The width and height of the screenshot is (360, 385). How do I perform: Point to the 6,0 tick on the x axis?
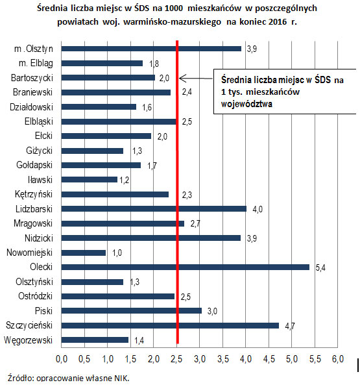[x=337, y=358]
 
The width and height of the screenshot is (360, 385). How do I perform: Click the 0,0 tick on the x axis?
[x=62, y=358]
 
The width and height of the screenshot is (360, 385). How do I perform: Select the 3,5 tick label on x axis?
[x=222, y=358]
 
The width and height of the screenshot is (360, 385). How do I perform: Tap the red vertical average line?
[x=177, y=195]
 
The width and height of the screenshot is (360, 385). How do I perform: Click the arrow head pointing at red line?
[x=182, y=79]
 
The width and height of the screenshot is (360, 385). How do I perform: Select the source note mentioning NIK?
[x=68, y=377]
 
